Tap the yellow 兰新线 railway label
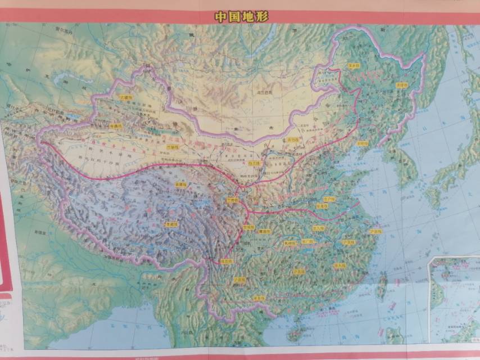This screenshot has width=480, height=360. (176, 147)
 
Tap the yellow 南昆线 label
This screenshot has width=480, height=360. (259, 298)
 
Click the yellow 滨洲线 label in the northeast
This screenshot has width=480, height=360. (354, 65)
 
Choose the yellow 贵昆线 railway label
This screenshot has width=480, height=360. (240, 280)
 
